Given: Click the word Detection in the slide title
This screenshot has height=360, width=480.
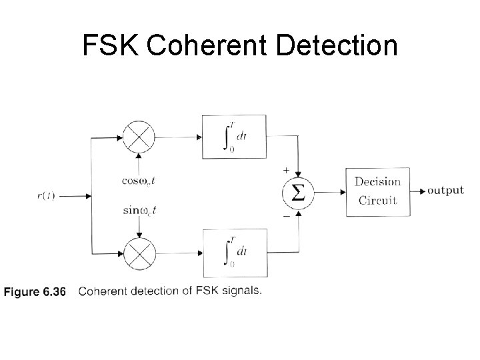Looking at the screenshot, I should [345, 46].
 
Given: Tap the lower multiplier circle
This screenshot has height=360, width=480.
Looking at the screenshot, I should [139, 253].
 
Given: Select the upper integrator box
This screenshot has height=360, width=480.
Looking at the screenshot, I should [234, 137].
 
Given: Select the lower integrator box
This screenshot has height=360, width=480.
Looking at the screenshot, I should [234, 253].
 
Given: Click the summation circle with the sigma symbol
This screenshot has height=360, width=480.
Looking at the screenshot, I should [298, 193].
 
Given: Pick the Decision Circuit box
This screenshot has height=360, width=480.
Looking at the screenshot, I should [377, 191].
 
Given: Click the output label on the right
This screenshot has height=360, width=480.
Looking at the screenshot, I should [445, 191].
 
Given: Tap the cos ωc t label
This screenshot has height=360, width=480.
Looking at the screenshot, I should [139, 179].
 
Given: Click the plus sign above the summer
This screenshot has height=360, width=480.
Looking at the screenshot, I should [286, 171].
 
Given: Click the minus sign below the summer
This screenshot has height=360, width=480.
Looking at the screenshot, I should [286, 217].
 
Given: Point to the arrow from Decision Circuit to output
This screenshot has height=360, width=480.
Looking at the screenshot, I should [417, 191].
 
